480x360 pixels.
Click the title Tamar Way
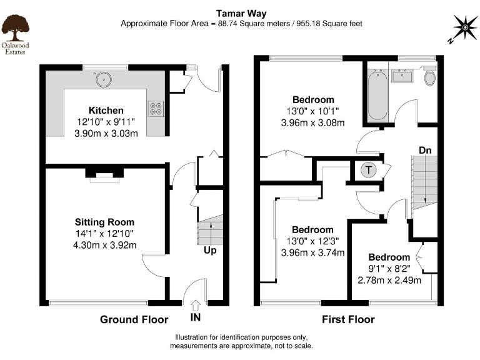(x=240, y=12)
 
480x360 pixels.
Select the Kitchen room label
(x=106, y=110)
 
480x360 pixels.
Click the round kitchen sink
(x=101, y=79)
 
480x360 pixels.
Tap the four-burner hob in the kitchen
(x=155, y=109)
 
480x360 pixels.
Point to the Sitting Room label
(x=104, y=222)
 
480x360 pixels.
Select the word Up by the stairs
(x=209, y=251)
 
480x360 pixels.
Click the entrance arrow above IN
(x=195, y=305)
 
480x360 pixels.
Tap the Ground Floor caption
(x=134, y=319)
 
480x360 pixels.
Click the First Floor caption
(x=348, y=319)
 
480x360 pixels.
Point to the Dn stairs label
(x=425, y=151)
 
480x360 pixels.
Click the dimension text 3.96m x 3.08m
(x=312, y=122)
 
